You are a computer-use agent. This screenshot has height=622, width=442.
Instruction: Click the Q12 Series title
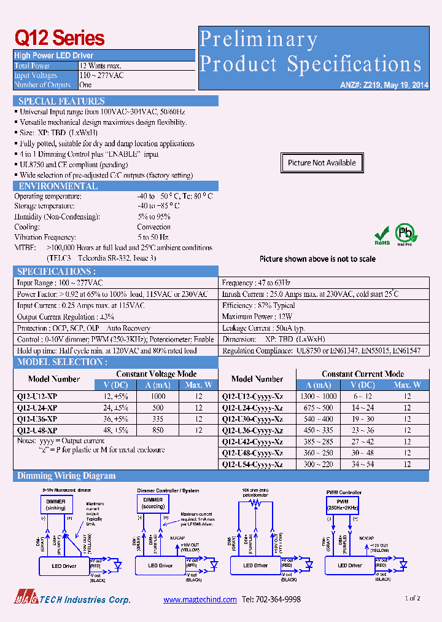click(x=60, y=39)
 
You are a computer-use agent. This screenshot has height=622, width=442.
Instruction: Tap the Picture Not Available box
click(x=322, y=163)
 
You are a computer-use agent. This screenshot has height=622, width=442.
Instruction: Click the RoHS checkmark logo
click(x=382, y=235)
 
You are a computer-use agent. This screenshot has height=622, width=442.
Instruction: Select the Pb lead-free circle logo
click(x=405, y=234)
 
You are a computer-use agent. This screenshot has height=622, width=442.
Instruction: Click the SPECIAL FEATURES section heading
click(x=61, y=101)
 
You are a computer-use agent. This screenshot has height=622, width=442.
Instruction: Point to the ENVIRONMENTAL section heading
click(x=58, y=186)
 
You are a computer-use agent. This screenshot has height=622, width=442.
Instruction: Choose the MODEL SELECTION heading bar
click(x=61, y=362)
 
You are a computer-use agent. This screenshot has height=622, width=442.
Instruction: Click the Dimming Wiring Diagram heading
click(x=66, y=476)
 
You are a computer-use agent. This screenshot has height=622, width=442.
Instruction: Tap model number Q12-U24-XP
click(x=37, y=407)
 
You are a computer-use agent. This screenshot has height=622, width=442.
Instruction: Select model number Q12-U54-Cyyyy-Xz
click(x=252, y=465)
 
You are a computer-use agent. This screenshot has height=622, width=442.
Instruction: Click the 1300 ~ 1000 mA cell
click(x=319, y=396)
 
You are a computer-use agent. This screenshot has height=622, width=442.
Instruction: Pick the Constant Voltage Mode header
click(x=156, y=374)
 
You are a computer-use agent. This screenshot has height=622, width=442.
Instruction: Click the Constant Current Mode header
click(x=363, y=374)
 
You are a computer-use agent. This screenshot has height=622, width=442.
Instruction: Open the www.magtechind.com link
click(x=200, y=599)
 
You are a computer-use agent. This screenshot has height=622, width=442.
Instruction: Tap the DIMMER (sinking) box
click(x=56, y=504)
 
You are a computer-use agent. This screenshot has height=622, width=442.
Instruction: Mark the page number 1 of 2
click(x=413, y=598)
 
